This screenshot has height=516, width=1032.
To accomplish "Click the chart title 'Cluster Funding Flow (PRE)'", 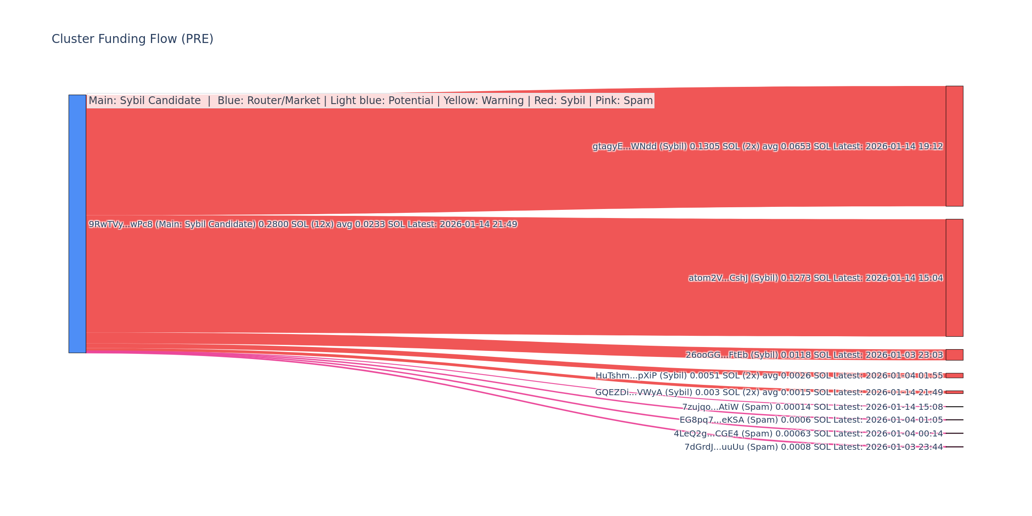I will pyautogui.click(x=132, y=39).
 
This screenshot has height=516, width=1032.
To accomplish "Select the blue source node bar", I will pyautogui.click(x=77, y=224).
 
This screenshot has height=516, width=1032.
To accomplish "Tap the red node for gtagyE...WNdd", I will pyautogui.click(x=954, y=146).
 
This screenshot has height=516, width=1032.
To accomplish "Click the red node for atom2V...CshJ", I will pyautogui.click(x=954, y=278).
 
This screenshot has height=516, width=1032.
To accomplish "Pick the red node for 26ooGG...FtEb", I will pyautogui.click(x=954, y=355).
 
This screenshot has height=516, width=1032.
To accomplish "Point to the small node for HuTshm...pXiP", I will pyautogui.click(x=954, y=375).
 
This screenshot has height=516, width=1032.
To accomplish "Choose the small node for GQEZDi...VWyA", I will pyautogui.click(x=954, y=392).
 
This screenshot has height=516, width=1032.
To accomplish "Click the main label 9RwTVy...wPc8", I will pyautogui.click(x=120, y=224).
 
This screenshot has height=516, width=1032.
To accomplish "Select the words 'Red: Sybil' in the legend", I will pyautogui.click(x=559, y=101).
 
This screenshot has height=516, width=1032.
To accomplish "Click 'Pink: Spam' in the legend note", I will pyautogui.click(x=624, y=101).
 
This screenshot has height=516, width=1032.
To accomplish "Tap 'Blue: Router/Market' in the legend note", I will pyautogui.click(x=269, y=101).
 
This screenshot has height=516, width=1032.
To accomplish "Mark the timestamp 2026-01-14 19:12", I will pyautogui.click(x=904, y=147).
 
